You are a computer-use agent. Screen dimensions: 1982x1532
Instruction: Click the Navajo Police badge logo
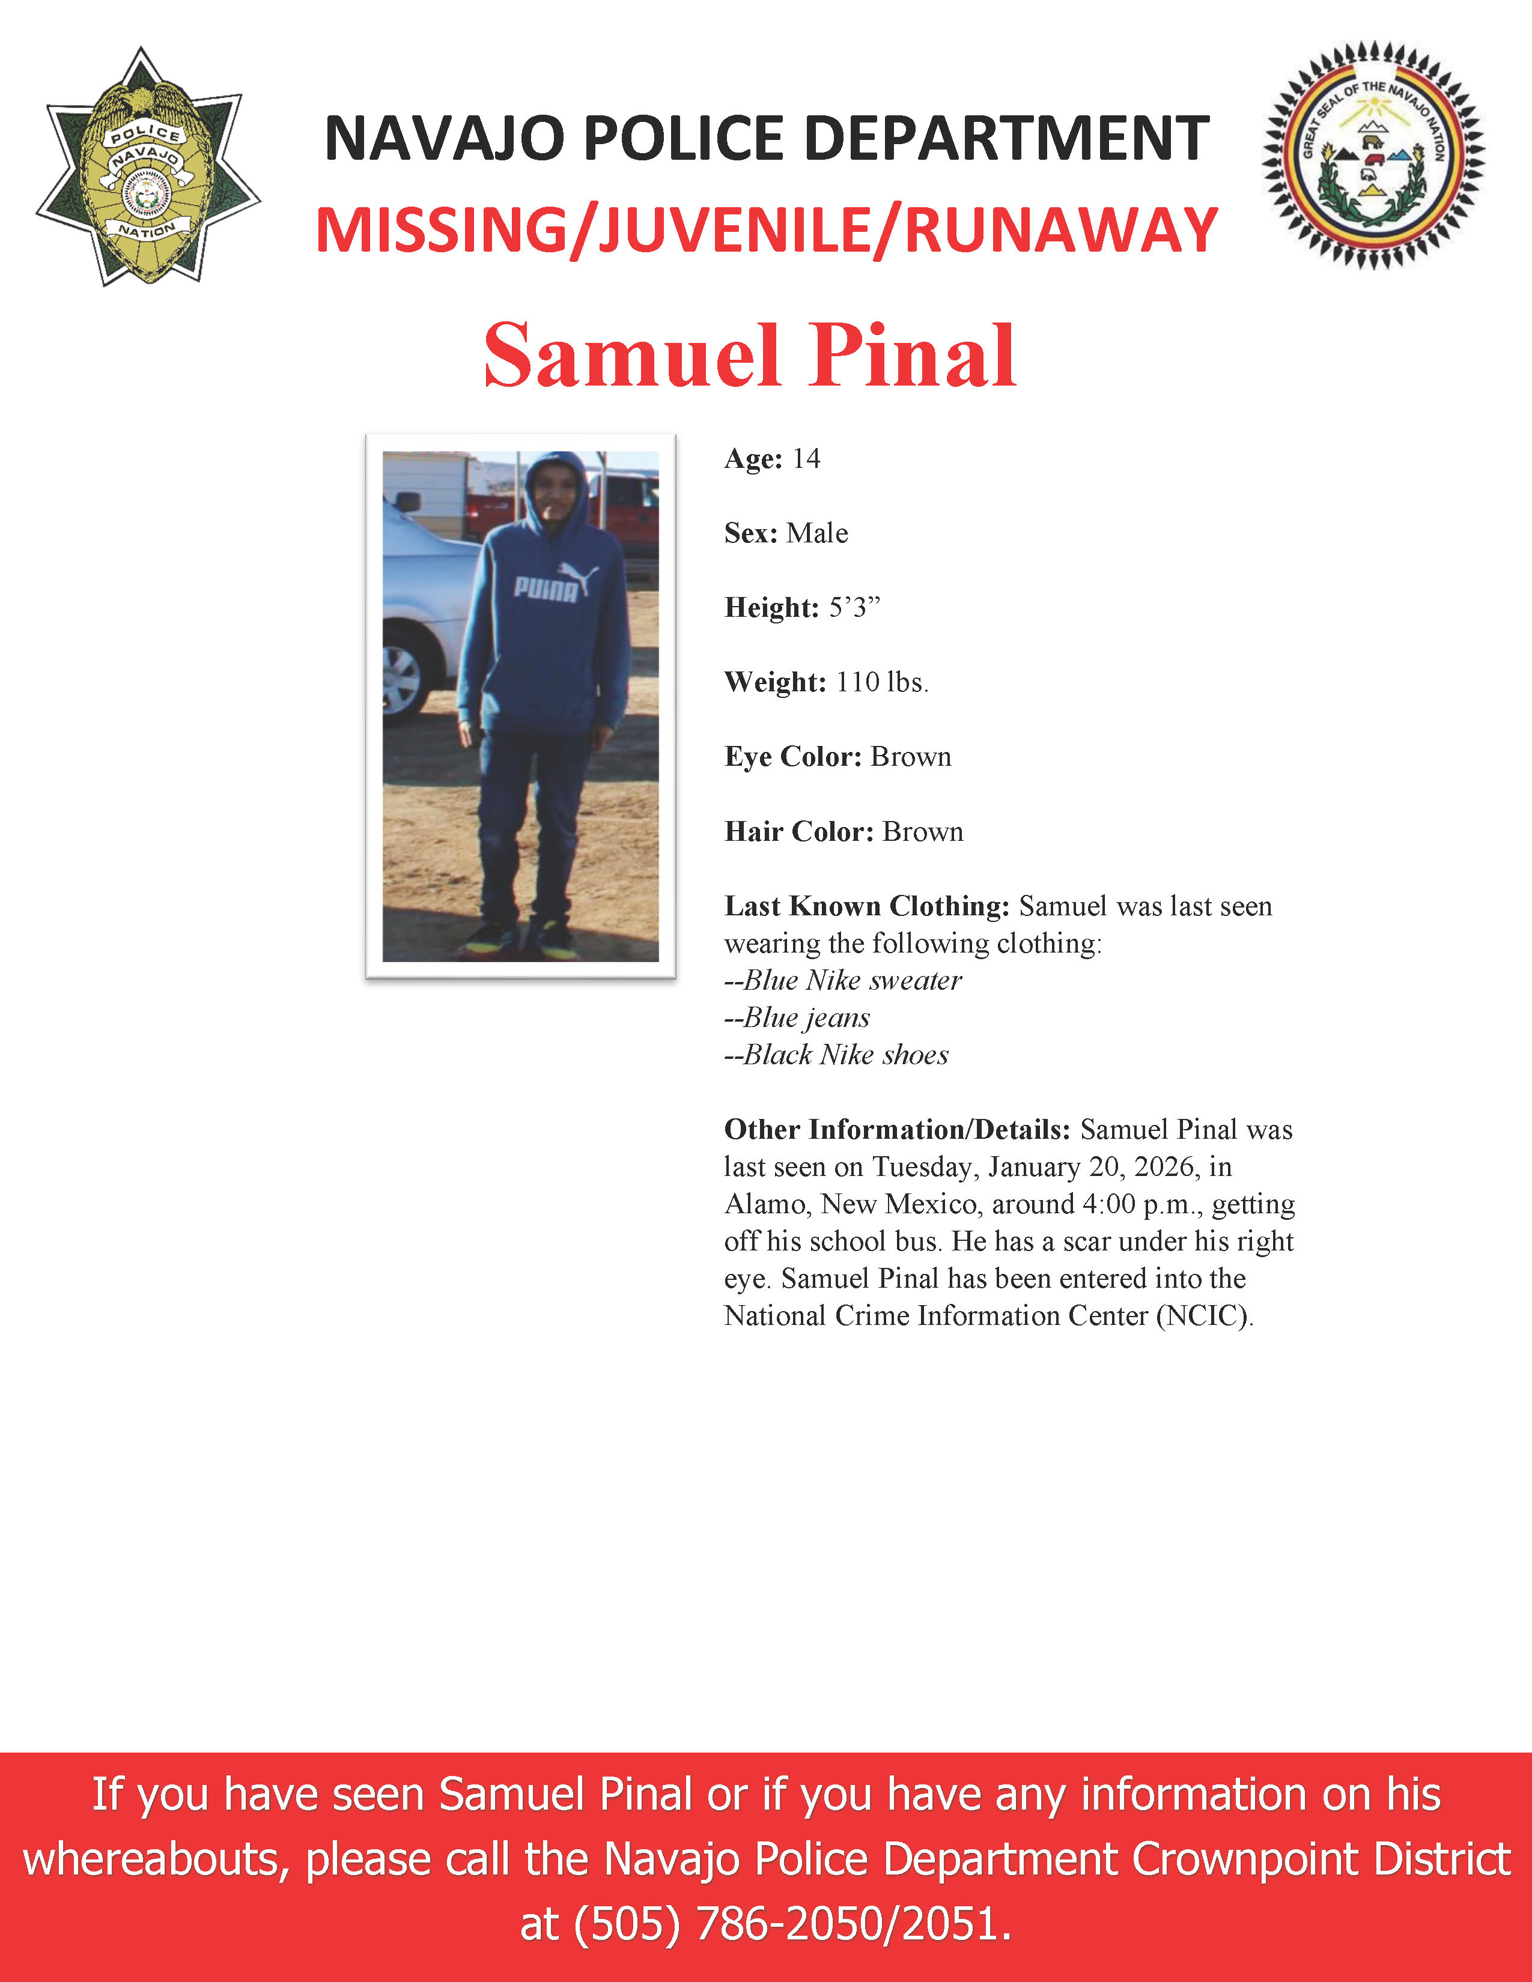pyautogui.click(x=147, y=169)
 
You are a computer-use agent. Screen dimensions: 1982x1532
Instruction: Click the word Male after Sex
pyautogui.click(x=817, y=533)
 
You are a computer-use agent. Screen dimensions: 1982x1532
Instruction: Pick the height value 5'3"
pyautogui.click(x=854, y=608)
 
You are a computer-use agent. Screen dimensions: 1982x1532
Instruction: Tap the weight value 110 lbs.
pyautogui.click(x=881, y=682)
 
